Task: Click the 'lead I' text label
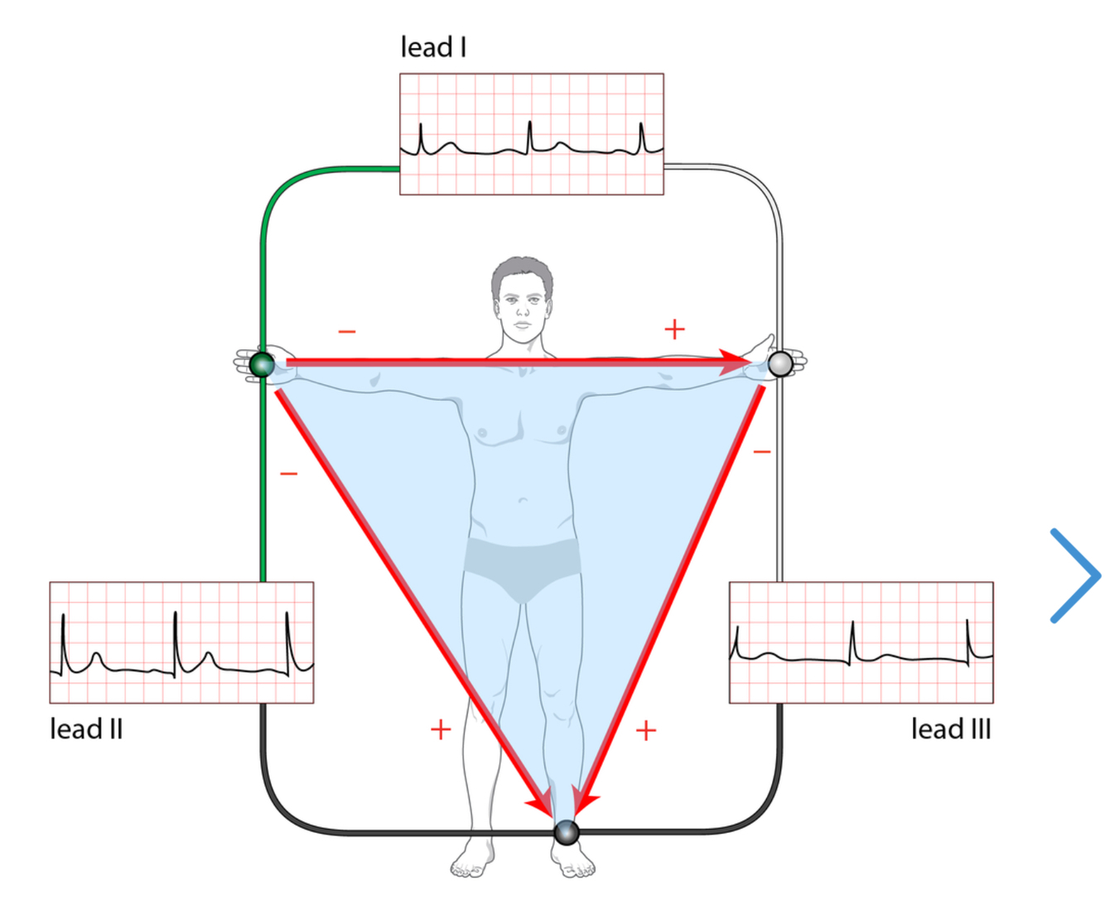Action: coord(433,47)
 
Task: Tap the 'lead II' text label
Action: coord(86,729)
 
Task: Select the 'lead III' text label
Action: coord(950,729)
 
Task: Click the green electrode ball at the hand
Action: coord(262,364)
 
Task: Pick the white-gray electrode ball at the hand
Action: coord(780,364)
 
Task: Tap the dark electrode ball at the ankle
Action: coord(567,832)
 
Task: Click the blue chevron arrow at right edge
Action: coord(1074,575)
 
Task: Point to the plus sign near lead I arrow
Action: coord(674,330)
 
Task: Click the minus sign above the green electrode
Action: coord(347,332)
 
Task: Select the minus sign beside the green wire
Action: coord(288,474)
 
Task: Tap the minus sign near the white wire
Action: coord(762,452)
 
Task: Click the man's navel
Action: coord(523,500)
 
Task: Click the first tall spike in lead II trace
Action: coord(63,629)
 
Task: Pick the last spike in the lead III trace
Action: coord(967,638)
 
